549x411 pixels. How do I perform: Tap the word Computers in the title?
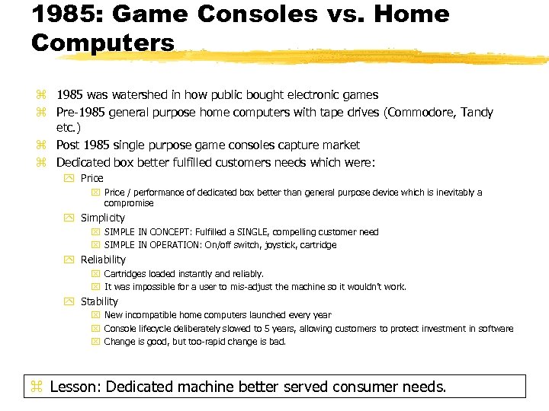point(103,42)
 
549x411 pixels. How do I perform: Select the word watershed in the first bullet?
point(146,95)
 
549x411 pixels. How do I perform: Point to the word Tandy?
point(477,113)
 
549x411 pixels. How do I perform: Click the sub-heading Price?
point(92,178)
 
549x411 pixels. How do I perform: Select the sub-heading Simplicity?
point(103,218)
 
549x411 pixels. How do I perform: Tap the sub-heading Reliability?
point(103,260)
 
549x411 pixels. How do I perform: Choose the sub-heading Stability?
point(100,301)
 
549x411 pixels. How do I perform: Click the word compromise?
point(129,203)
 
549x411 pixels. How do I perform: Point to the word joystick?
point(281,245)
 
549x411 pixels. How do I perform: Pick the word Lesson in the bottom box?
point(75,387)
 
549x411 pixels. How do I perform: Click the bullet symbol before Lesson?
point(36,387)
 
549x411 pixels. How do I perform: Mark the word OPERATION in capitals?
point(163,245)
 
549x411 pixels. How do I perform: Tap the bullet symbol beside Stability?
point(70,301)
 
